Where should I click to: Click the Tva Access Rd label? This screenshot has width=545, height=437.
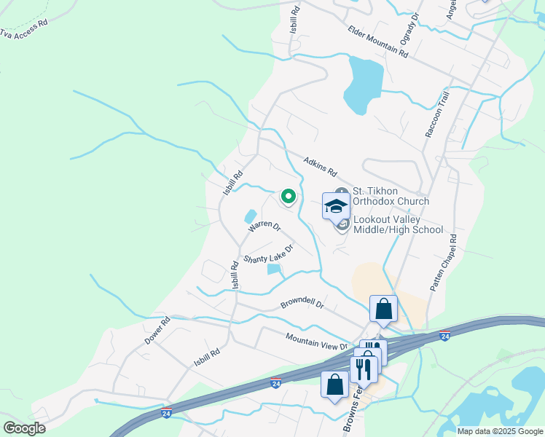pyautogui.click(x=23, y=28)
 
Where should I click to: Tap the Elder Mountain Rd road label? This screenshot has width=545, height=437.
pyautogui.click(x=377, y=41)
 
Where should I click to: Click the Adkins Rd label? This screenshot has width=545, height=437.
pyautogui.click(x=321, y=168)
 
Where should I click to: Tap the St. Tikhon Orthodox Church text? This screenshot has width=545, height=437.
pyautogui.click(x=391, y=196)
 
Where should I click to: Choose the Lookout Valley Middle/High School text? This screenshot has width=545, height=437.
pyautogui.click(x=398, y=224)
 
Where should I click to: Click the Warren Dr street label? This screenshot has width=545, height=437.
pyautogui.click(x=264, y=227)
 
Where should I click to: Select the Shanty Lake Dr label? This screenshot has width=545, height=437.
pyautogui.click(x=268, y=253)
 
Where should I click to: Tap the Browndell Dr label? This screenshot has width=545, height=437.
pyautogui.click(x=302, y=304)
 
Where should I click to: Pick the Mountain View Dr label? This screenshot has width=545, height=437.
pyautogui.click(x=317, y=341)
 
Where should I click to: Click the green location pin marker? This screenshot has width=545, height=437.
pyautogui.click(x=288, y=197)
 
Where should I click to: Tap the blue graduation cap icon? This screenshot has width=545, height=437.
pyautogui.click(x=337, y=207)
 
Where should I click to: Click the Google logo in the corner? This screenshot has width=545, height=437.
pyautogui.click(x=24, y=428)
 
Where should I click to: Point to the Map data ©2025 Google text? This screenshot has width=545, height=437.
pyautogui.click(x=500, y=431)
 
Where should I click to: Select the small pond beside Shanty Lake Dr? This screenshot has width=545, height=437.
pyautogui.click(x=275, y=269)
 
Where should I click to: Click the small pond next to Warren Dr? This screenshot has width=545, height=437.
pyautogui.click(x=250, y=216)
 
